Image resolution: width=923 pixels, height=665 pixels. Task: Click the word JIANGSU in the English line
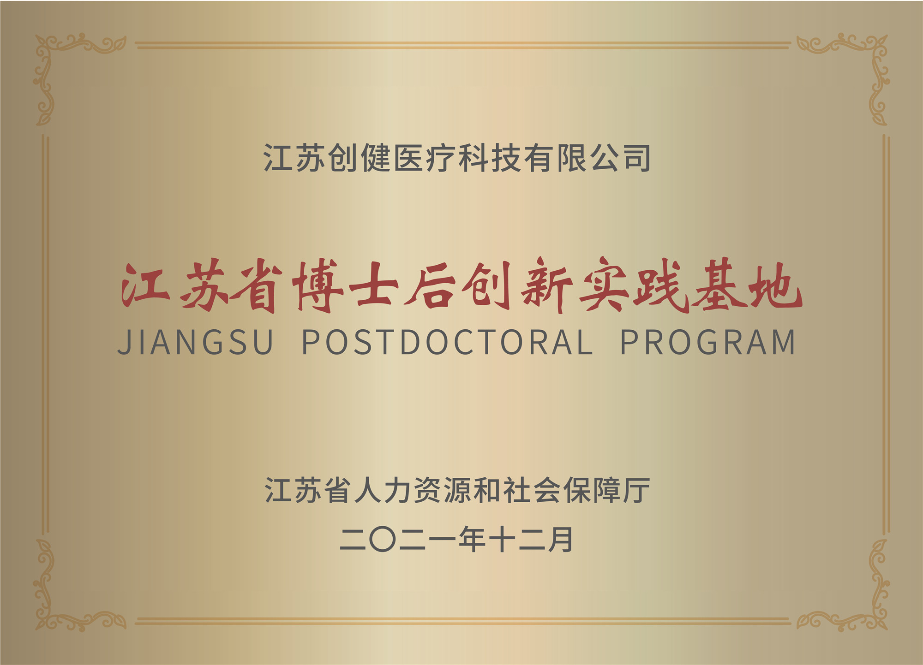point(196,342)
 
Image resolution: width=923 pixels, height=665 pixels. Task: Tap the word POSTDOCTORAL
point(447,342)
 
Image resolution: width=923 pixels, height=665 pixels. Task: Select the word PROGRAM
point(707,342)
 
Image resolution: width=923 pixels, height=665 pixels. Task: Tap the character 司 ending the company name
point(637,158)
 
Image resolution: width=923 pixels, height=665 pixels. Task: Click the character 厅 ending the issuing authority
point(637,490)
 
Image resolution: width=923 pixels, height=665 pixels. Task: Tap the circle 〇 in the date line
point(383,540)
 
